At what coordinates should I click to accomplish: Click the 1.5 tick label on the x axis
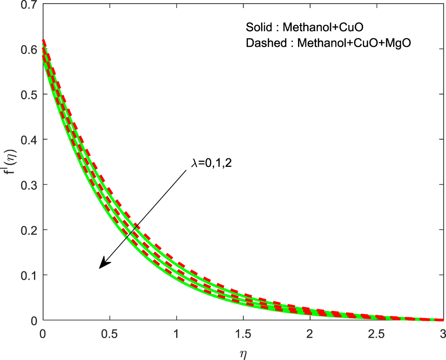[243, 332]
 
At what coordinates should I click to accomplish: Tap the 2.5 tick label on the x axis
[376, 332]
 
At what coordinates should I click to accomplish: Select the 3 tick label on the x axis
[442, 332]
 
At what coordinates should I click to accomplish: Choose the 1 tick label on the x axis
[176, 332]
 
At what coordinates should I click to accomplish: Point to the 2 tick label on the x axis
[309, 332]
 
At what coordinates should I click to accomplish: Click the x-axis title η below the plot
[243, 354]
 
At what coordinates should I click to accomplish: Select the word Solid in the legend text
[257, 28]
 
